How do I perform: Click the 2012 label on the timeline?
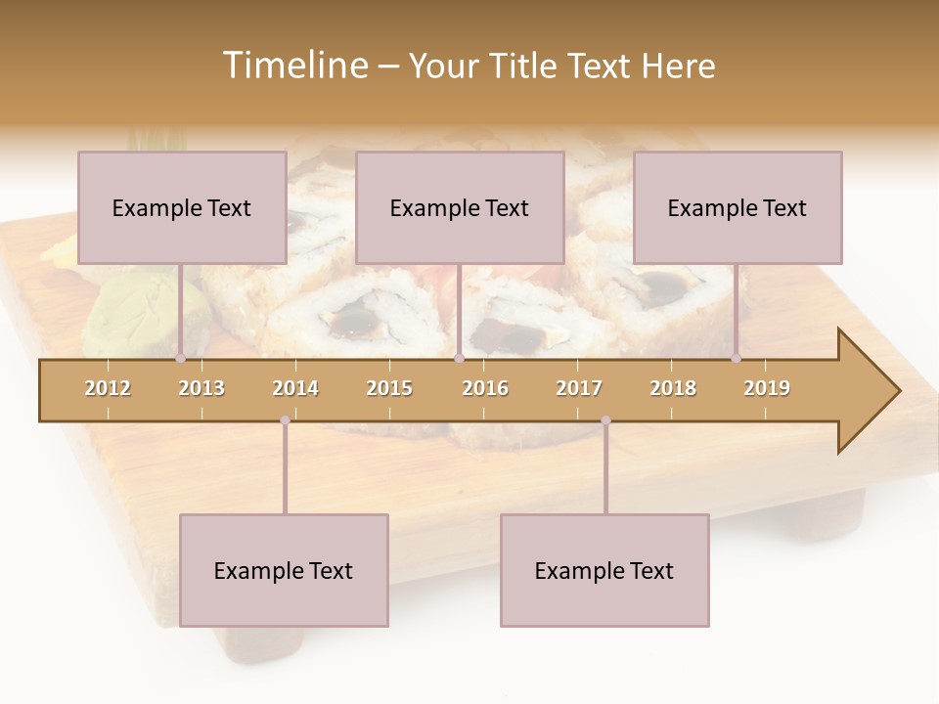(x=108, y=388)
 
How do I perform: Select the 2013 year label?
(x=201, y=388)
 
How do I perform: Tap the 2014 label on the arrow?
(x=295, y=388)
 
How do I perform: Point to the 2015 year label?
(x=389, y=388)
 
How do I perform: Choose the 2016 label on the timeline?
(x=485, y=388)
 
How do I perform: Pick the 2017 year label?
(x=579, y=388)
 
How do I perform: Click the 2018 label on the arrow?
(x=673, y=388)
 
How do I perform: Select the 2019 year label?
(x=767, y=388)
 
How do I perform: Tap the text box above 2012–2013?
(x=182, y=207)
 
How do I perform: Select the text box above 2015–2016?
(x=460, y=207)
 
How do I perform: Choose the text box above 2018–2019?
(x=738, y=207)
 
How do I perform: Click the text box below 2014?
(x=284, y=570)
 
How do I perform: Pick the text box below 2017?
(x=604, y=570)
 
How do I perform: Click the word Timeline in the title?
(x=293, y=66)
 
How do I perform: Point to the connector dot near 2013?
(x=180, y=359)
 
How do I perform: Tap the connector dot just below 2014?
(x=285, y=420)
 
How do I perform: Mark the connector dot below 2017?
(x=605, y=420)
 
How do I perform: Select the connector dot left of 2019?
(x=736, y=359)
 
